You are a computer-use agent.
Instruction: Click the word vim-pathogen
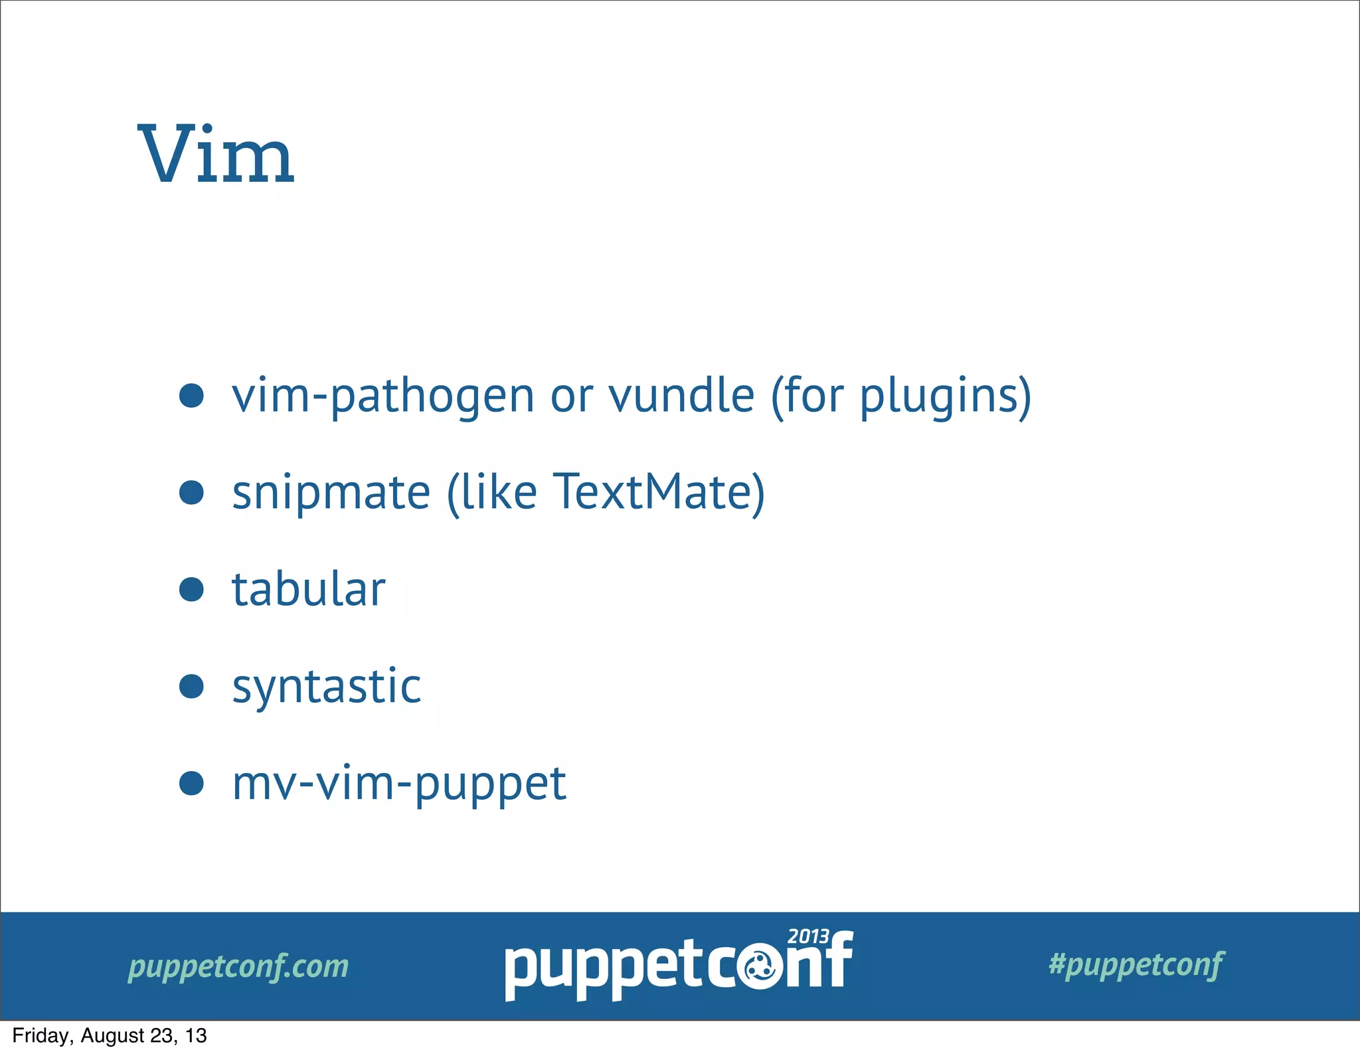point(383,396)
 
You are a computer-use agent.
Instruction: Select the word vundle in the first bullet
point(682,395)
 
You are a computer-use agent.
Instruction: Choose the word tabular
point(309,589)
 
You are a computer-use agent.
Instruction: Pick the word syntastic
point(327,687)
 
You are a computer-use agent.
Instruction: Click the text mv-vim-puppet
point(399,784)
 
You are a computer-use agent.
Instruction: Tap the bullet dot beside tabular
point(191,589)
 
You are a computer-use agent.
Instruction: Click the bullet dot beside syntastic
point(191,686)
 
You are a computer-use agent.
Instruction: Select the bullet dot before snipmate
point(191,492)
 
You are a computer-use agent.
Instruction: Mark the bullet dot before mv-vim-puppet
point(191,783)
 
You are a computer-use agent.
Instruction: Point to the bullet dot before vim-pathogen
point(191,395)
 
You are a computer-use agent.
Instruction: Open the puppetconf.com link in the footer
point(238,966)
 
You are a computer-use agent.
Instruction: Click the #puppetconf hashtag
point(1136,964)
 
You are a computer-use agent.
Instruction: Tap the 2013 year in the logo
point(808,936)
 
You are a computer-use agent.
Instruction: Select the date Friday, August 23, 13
point(110,1035)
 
